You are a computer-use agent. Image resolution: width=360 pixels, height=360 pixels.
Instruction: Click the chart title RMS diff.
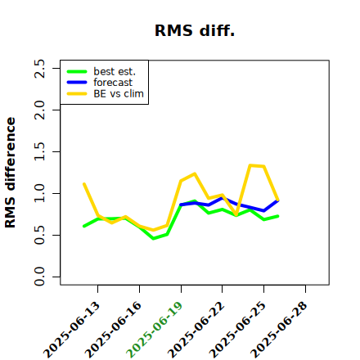click(195, 30)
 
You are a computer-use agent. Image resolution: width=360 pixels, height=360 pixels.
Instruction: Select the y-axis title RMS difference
click(11, 173)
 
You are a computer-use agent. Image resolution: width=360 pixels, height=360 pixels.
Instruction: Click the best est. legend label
click(115, 71)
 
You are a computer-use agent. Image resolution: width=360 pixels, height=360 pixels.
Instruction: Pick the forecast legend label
click(113, 83)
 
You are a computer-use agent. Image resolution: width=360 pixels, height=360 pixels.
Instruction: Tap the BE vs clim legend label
click(119, 93)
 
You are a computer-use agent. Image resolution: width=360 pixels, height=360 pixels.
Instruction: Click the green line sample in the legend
click(77, 72)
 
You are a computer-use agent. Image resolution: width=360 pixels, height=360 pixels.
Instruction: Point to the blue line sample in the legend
click(77, 83)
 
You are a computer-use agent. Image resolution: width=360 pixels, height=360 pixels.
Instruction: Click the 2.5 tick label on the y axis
click(39, 69)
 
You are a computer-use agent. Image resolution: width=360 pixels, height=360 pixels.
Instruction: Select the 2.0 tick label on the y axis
click(39, 110)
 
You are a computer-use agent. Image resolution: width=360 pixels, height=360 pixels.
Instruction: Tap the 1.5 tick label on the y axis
click(39, 151)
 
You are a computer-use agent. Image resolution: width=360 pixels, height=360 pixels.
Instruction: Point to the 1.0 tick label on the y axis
click(39, 193)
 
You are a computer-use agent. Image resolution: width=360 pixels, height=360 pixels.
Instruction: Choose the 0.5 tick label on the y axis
click(39, 235)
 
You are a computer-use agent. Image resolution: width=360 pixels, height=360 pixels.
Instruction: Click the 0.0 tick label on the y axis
click(39, 277)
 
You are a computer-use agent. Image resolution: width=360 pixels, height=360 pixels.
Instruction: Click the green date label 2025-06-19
click(155, 330)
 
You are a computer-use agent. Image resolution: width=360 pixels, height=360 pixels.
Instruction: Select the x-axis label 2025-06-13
click(71, 330)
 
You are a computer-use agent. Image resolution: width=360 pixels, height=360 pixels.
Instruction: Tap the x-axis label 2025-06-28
click(279, 330)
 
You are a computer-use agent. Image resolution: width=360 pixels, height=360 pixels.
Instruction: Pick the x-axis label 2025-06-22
click(196, 330)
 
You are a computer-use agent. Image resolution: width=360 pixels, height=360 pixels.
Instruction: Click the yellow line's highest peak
click(250, 165)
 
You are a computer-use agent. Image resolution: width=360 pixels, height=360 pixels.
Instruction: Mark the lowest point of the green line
click(153, 239)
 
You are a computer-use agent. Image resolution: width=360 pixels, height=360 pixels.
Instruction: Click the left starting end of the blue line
click(181, 205)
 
